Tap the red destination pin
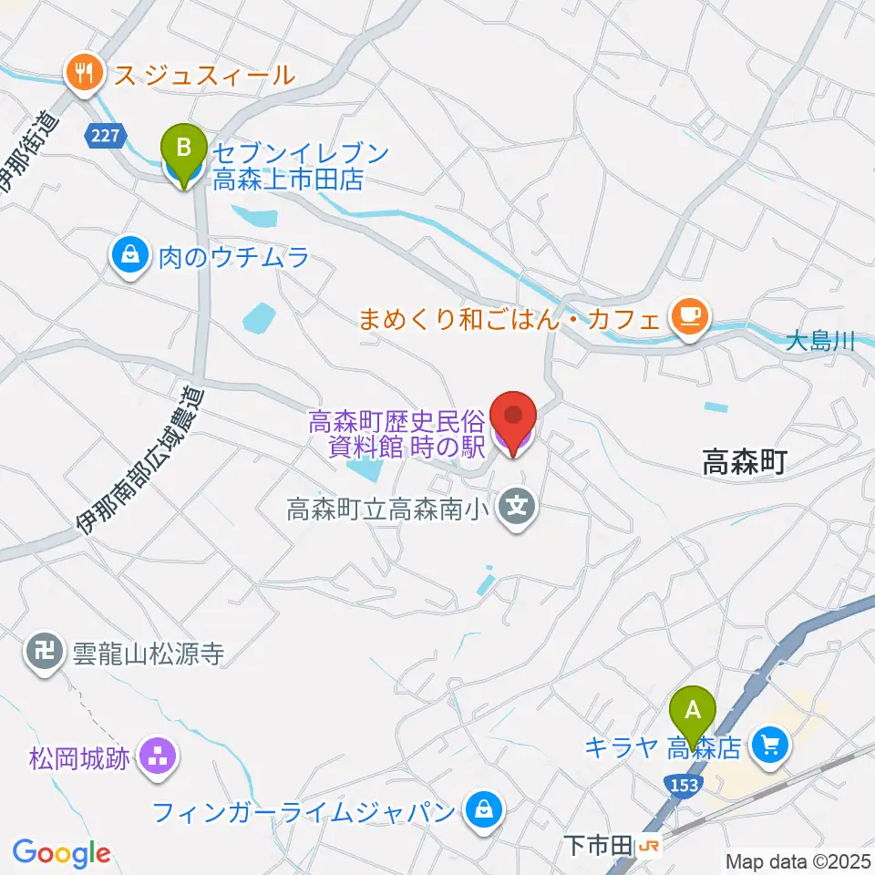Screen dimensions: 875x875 512,420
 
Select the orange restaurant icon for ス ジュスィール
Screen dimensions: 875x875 85,74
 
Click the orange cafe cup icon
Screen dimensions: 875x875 687,315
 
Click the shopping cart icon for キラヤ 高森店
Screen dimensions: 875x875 771,746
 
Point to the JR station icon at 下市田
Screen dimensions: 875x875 649,846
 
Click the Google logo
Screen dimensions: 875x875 61,853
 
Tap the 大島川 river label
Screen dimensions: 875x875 819,342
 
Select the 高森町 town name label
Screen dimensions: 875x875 744,464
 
